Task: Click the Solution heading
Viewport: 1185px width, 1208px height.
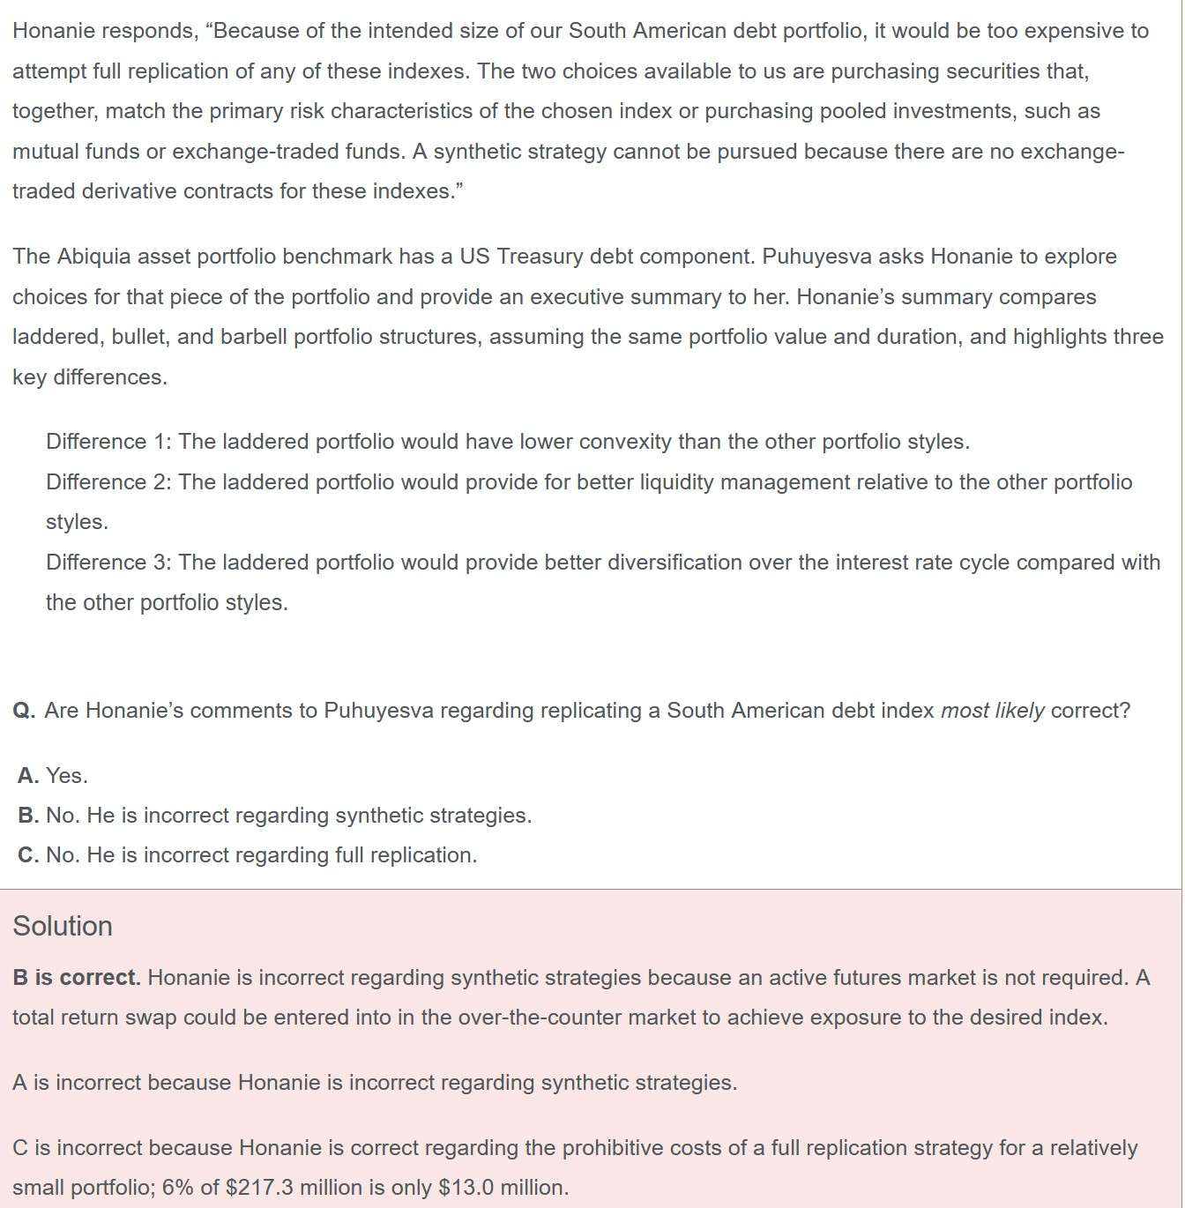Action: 63,926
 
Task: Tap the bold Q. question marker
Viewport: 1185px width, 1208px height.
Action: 24,711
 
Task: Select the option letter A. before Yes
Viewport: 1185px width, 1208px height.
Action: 28,776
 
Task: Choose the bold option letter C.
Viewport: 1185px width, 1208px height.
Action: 28,855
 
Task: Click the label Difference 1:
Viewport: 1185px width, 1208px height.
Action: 108,442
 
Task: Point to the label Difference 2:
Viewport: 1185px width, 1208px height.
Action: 108,482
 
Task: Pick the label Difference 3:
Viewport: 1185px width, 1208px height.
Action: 108,563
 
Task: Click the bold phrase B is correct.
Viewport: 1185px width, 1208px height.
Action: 77,978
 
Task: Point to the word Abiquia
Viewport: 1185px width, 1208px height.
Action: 97,257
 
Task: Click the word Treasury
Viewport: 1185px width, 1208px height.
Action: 540,257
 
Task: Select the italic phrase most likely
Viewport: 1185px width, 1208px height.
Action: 992,711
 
